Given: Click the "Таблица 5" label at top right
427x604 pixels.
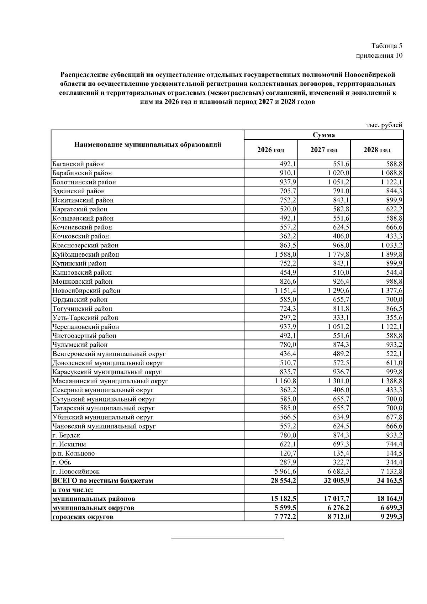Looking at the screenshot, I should pos(387,46).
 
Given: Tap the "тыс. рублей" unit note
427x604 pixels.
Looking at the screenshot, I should pos(384,125).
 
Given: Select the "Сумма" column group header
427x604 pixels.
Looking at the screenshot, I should pos(323,135).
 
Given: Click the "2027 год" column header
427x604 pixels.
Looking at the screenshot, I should pos(324,150).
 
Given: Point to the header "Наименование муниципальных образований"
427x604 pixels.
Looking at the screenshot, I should pos(148,145).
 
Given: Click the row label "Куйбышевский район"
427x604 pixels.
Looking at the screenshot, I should pos(86,254).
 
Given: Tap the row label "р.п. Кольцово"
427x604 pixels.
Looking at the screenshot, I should pos(74,453).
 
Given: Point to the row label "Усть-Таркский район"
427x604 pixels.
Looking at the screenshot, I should pos(85,318).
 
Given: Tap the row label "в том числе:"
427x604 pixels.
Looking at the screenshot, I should pos(73,490).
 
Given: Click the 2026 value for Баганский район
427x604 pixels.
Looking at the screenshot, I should pos(288,164).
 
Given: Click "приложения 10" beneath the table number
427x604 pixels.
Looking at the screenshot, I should pos(379,56).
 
